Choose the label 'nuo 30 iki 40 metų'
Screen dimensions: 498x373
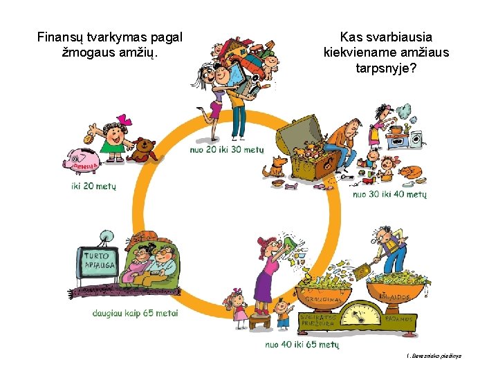(390, 195)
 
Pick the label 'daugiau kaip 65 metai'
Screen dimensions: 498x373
(136, 313)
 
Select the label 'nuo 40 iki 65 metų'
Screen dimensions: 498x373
(302, 344)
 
